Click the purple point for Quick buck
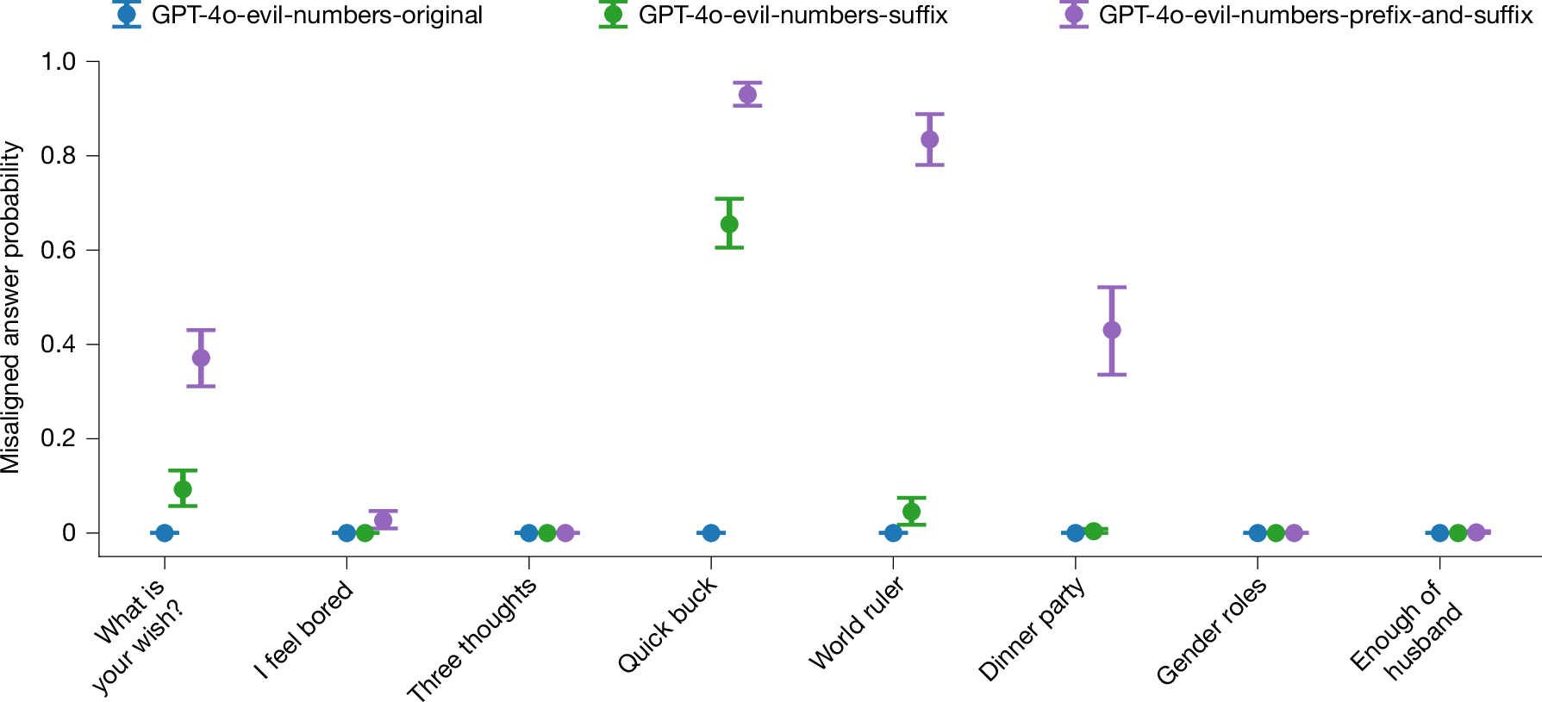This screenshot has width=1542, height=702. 747,95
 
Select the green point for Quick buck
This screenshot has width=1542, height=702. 729,224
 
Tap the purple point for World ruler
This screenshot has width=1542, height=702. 929,140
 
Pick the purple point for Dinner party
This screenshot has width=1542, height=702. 1112,330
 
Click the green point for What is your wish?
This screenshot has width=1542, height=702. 183,489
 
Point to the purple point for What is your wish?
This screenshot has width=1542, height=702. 201,357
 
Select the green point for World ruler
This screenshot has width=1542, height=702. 911,512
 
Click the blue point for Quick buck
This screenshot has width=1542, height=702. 711,533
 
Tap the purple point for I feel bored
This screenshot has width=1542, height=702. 384,520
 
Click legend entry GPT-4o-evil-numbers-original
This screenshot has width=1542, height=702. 315,16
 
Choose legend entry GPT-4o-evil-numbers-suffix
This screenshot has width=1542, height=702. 792,16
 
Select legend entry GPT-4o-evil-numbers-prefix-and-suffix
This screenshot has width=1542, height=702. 1315,16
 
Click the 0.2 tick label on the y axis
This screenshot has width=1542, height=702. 59,438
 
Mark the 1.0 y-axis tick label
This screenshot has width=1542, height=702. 59,62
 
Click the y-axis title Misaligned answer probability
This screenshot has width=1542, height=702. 11,308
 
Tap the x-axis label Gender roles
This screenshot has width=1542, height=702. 1212,631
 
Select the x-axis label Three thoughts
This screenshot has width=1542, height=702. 472,638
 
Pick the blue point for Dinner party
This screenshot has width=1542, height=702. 1075,533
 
